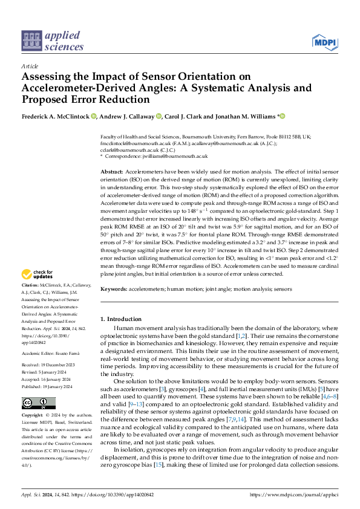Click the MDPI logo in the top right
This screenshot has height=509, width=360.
(326, 42)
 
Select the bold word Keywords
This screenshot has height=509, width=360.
(114, 290)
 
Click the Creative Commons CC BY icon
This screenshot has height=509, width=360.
(38, 403)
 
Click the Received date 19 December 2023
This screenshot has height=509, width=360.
(52, 365)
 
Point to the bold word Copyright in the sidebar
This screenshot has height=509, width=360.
(32, 416)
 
